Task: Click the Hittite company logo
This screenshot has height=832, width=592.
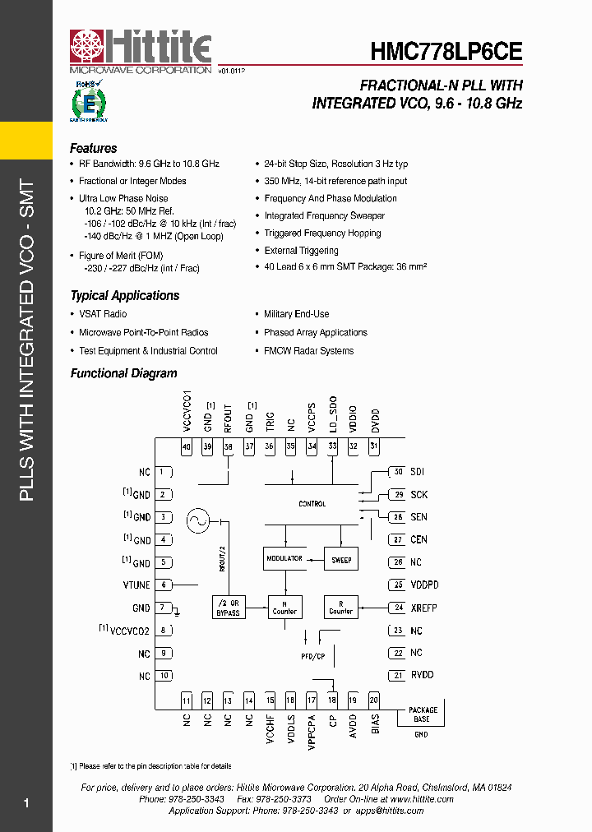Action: point(141,51)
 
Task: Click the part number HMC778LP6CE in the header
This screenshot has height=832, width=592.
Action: point(446,52)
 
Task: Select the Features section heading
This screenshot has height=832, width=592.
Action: point(93,149)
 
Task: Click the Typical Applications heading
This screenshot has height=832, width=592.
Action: point(124,296)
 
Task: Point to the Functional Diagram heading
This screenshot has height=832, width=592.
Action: point(123,373)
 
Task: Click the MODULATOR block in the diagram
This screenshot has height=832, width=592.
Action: point(284,559)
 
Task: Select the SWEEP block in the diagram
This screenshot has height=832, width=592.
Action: point(341,560)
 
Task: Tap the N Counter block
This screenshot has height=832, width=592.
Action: point(284,608)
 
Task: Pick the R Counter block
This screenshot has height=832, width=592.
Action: point(340,608)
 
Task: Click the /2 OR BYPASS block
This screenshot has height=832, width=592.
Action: point(228,608)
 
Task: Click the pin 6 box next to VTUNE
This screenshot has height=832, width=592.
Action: point(164,585)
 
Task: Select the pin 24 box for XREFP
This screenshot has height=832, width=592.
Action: point(398,608)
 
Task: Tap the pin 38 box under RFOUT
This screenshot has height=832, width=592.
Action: point(228,446)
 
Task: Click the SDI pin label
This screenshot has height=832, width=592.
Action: point(417,472)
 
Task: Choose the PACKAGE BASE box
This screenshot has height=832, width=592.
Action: point(423,714)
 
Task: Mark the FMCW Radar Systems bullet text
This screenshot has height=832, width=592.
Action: point(308,351)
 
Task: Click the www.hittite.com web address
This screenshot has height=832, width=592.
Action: point(423,799)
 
